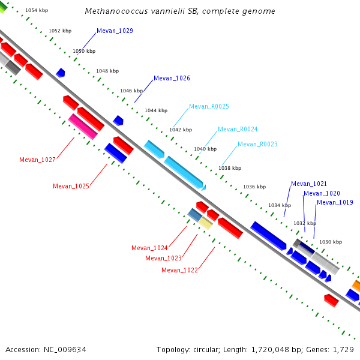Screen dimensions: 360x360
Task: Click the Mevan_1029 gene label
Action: click(115, 31)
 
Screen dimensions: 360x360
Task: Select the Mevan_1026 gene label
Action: click(172, 79)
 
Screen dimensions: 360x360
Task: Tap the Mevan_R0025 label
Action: click(209, 107)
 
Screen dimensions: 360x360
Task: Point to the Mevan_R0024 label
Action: click(238, 130)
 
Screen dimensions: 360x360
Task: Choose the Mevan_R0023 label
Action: click(257, 145)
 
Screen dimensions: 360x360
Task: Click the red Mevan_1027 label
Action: click(37, 160)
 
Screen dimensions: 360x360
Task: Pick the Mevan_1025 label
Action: click(71, 186)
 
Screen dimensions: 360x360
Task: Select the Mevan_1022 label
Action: click(179, 271)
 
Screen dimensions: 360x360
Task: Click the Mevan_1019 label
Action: click(335, 203)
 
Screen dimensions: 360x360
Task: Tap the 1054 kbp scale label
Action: click(37, 11)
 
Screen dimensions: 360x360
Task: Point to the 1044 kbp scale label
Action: click(156, 110)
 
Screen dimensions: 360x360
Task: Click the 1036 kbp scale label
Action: click(254, 187)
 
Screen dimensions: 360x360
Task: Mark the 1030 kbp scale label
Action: click(330, 242)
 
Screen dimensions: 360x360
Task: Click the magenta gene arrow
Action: click(82, 126)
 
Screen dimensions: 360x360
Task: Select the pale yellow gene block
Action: click(206, 223)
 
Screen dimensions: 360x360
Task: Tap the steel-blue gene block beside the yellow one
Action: click(195, 214)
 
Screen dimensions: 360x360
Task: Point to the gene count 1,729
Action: click(343, 349)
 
